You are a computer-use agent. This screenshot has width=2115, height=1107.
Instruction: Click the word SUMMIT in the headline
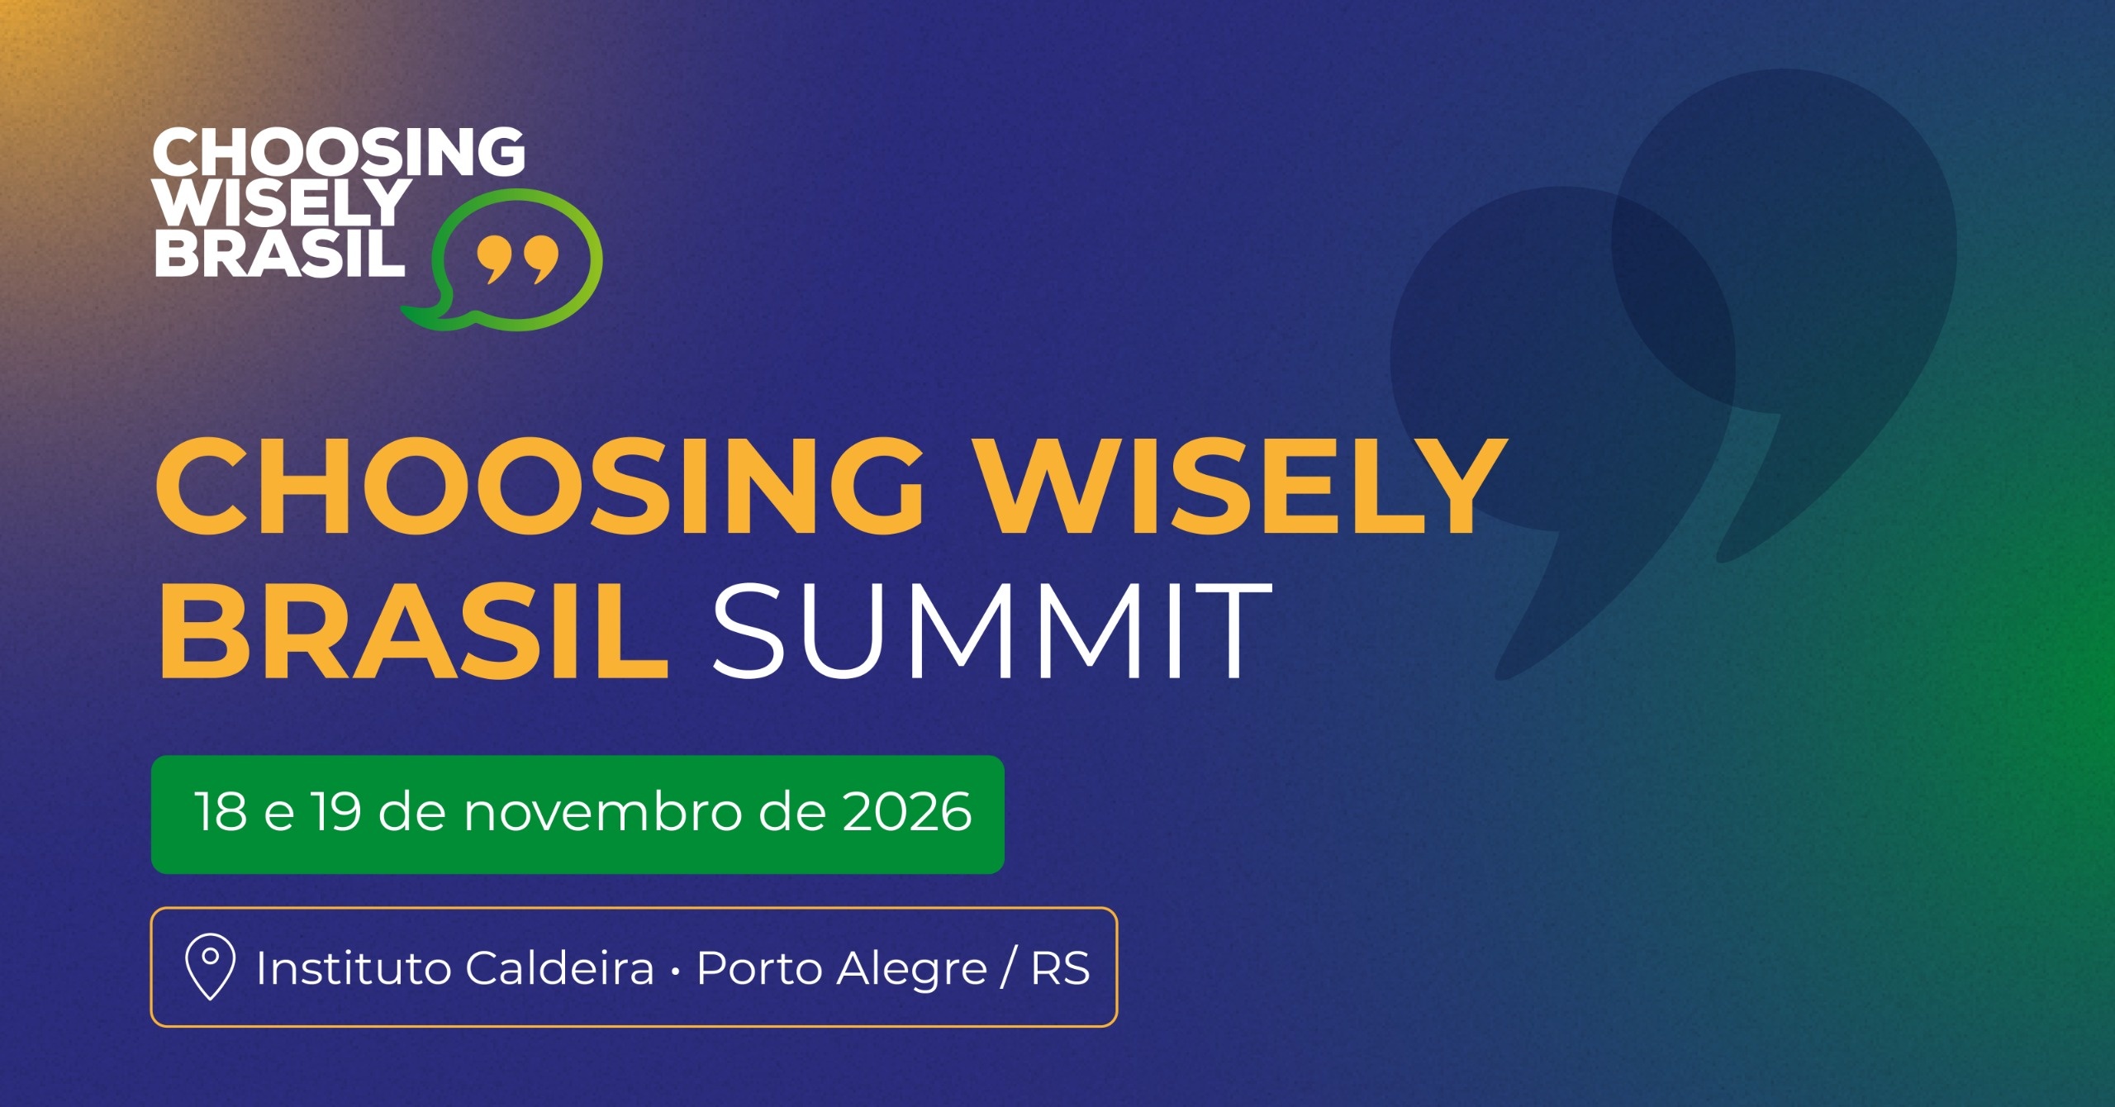pos(991,630)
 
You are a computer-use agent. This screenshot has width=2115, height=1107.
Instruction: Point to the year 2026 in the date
pos(907,811)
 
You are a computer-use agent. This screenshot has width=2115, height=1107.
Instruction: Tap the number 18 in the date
pos(221,811)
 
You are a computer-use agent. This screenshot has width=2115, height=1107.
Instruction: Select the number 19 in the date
pos(336,811)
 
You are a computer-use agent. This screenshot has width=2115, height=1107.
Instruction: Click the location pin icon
pos(210,967)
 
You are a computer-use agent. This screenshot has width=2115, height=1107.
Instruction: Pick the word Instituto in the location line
pos(353,968)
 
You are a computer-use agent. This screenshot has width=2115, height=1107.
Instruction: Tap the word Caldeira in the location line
pos(560,967)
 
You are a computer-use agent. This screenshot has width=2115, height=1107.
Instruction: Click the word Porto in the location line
pos(759,969)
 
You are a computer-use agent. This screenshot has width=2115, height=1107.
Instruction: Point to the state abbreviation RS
pos(1061,968)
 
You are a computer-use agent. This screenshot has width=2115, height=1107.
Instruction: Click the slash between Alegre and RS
pos(1009,968)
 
